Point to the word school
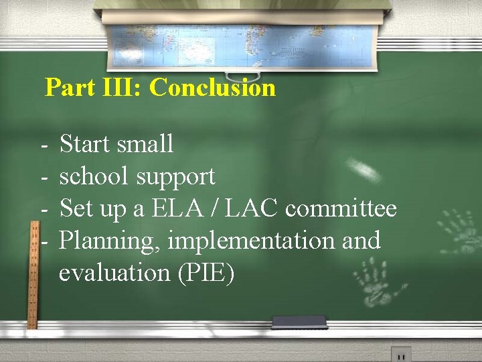94,176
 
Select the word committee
341,208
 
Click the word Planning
110,241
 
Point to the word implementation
254,241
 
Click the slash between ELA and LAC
219,208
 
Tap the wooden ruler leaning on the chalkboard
31,275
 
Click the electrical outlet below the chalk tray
400,355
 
